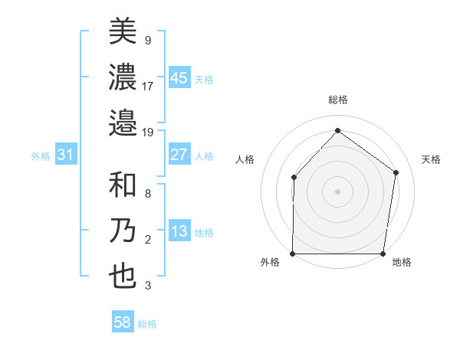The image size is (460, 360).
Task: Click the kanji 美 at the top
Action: tap(123, 31)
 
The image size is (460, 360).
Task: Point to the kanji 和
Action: tap(123, 186)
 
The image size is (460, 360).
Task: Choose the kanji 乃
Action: tap(123, 231)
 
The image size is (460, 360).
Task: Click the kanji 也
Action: tap(123, 276)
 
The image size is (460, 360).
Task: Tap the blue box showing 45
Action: tap(179, 78)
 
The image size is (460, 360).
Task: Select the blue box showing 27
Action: tap(179, 155)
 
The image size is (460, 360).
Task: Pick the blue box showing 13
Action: tap(179, 232)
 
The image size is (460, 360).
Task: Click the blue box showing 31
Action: tap(66, 155)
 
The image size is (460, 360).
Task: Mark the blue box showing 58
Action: tap(123, 323)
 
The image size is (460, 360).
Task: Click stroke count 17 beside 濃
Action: tap(148, 86)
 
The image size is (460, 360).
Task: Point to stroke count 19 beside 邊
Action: tap(148, 132)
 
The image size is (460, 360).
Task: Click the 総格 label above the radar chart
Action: tap(337, 100)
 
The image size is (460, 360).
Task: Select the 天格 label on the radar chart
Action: tap(432, 159)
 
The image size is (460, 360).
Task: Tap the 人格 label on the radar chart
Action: tap(245, 159)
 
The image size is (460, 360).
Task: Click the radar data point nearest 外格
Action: tap(293, 254)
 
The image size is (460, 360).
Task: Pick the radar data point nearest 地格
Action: tap(383, 254)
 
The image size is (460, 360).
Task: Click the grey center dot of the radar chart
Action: tap(337, 191)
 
